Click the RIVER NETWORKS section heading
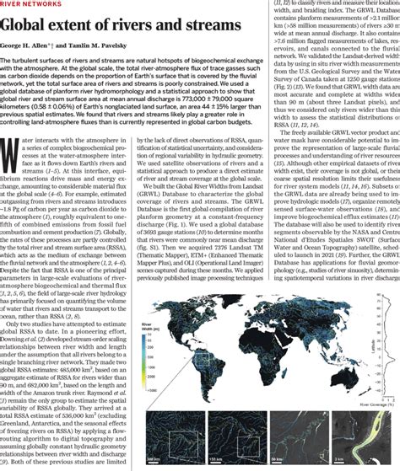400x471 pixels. coord(34,6)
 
